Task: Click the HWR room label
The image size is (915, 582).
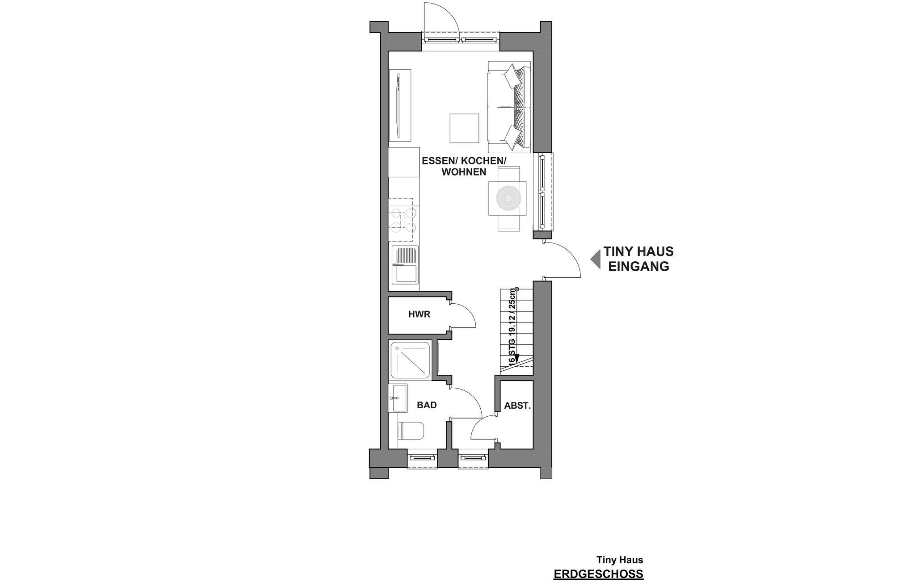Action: [x=419, y=314]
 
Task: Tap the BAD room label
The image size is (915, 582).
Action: [x=427, y=405]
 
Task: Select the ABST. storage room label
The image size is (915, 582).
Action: [x=517, y=406]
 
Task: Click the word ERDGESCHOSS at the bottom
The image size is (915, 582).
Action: [x=599, y=574]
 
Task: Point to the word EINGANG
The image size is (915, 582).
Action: [x=639, y=267]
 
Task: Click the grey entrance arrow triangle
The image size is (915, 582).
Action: [x=595, y=259]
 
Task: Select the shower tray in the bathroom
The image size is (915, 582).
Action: [x=411, y=360]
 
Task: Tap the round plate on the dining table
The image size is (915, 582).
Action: [x=508, y=198]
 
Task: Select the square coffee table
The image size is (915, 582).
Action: [x=464, y=128]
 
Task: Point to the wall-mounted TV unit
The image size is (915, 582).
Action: [x=87, y=105]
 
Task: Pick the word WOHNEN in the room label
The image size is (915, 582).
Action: [x=464, y=172]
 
